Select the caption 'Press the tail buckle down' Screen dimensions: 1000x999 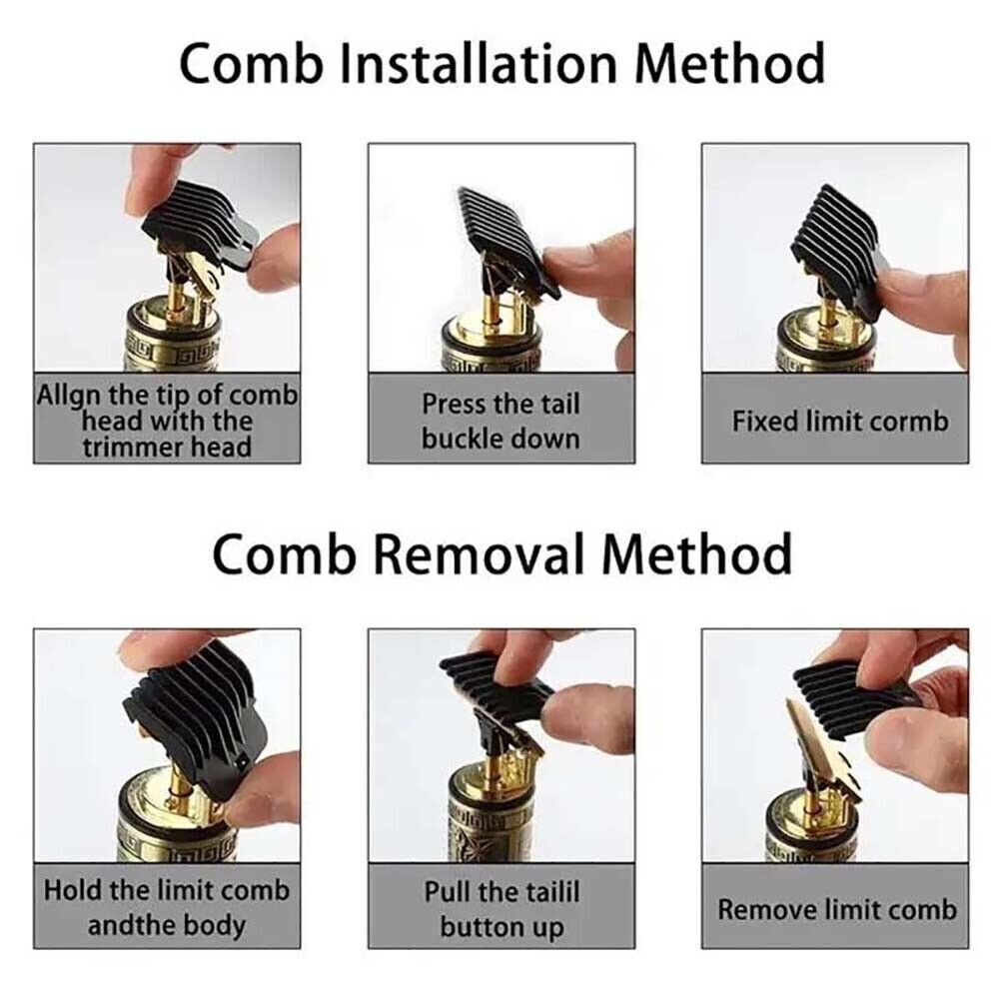500,421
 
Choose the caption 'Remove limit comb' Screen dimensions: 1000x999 836,909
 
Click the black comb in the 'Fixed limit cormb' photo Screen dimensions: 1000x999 834,240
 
